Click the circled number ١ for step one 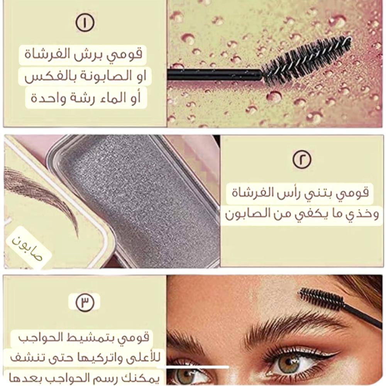[x=85, y=23]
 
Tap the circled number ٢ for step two [x=302, y=159]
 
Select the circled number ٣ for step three [x=85, y=302]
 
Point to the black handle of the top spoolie [x=214, y=74]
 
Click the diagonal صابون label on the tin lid [x=27, y=249]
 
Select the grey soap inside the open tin [x=138, y=195]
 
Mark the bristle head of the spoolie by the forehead [x=322, y=298]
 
